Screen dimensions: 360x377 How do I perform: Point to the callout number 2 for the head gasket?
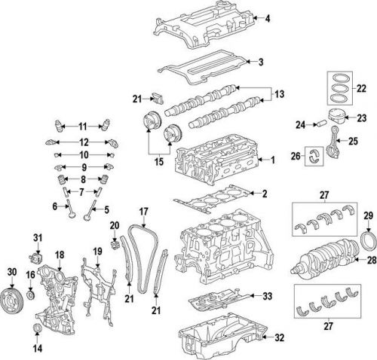[265, 194]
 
